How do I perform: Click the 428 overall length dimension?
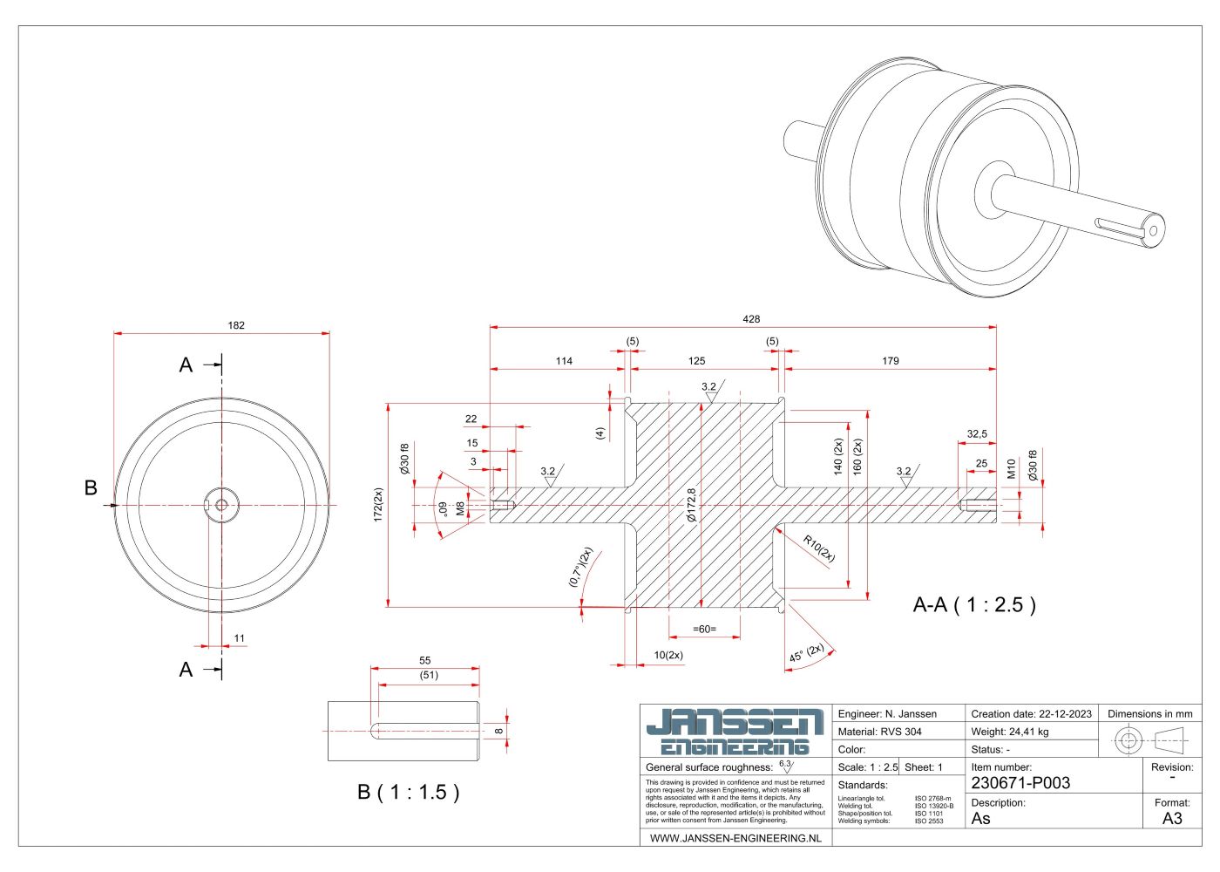pyautogui.click(x=751, y=319)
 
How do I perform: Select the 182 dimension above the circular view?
pyautogui.click(x=236, y=325)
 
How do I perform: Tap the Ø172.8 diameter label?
pyautogui.click(x=691, y=505)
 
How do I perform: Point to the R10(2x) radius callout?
pyautogui.click(x=819, y=549)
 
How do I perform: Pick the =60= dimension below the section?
pyautogui.click(x=704, y=629)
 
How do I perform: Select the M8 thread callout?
pyautogui.click(x=460, y=508)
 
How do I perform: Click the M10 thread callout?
pyautogui.click(x=1012, y=469)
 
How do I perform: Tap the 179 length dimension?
pyautogui.click(x=890, y=361)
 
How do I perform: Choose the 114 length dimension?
pyautogui.click(x=564, y=361)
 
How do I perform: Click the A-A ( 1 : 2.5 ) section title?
pyautogui.click(x=974, y=605)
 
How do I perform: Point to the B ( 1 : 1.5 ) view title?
pyautogui.click(x=408, y=792)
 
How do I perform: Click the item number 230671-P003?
pyautogui.click(x=1020, y=783)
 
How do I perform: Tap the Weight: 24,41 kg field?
pyautogui.click(x=1009, y=732)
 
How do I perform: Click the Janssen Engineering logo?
pyautogui.click(x=735, y=732)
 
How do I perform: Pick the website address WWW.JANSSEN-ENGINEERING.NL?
pyautogui.click(x=735, y=838)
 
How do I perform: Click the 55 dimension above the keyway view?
pyautogui.click(x=425, y=661)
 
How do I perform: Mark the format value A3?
pyautogui.click(x=1172, y=818)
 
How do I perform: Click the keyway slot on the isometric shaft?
pyautogui.click(x=1117, y=225)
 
